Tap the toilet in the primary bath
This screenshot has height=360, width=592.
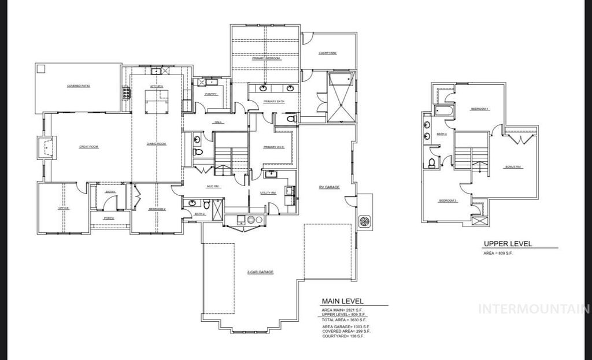click(291, 118)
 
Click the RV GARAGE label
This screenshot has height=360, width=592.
click(329, 187)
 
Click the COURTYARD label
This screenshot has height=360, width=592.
click(327, 53)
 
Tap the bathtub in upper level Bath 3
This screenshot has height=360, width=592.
click(443, 111)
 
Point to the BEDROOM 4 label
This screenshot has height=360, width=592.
click(480, 109)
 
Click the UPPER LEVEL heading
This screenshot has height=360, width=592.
click(508, 244)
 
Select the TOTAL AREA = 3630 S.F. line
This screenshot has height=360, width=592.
click(345, 319)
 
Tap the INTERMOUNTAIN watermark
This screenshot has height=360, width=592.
click(535, 309)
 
